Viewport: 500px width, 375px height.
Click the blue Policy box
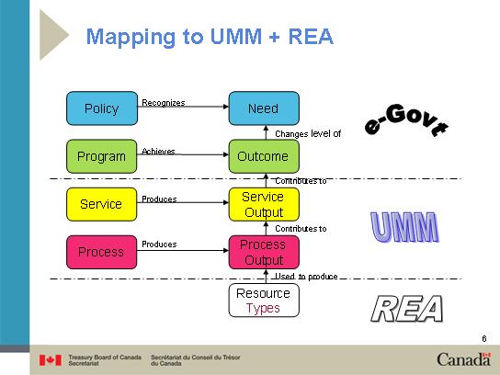[x=102, y=108]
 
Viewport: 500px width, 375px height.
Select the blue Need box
[x=264, y=108]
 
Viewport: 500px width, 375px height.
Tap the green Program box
[x=102, y=156]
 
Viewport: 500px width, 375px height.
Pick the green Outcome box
[x=264, y=156]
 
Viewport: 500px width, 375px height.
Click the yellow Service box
[x=102, y=204]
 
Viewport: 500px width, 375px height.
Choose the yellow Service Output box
[x=264, y=204]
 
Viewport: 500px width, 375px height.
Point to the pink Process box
[x=102, y=252]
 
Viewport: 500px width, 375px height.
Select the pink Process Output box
[x=264, y=252]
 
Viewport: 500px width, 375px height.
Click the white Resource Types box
[x=264, y=301]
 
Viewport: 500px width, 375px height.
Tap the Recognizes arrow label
[x=164, y=103]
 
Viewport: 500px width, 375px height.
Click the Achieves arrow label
[x=158, y=151]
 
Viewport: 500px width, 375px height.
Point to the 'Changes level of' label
[x=308, y=133]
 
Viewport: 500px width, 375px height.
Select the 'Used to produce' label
[x=306, y=276]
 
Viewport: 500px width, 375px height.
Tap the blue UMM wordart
[x=404, y=227]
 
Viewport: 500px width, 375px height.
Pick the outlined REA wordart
[x=407, y=308]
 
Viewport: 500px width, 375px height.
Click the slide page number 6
[x=484, y=338]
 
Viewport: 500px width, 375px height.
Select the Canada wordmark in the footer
[x=464, y=359]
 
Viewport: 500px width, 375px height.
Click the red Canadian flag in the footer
[x=51, y=360]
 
